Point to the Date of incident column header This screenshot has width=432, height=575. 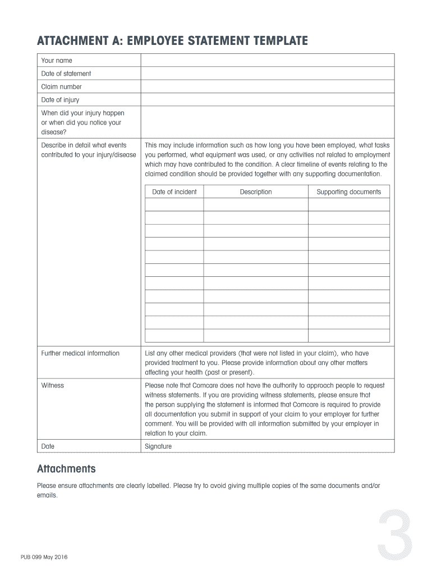[174, 192]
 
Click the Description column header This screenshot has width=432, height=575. [256, 192]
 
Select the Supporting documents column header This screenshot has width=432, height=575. [348, 192]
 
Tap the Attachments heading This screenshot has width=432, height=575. [66, 469]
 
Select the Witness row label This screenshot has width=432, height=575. [53, 386]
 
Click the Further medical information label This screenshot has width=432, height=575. [80, 353]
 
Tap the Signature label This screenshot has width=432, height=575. [158, 446]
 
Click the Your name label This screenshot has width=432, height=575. [57, 61]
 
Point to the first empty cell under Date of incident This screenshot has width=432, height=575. [174, 205]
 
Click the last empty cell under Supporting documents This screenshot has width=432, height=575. [348, 336]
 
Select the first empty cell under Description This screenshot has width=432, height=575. [256, 205]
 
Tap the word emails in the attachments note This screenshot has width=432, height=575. [47, 496]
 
